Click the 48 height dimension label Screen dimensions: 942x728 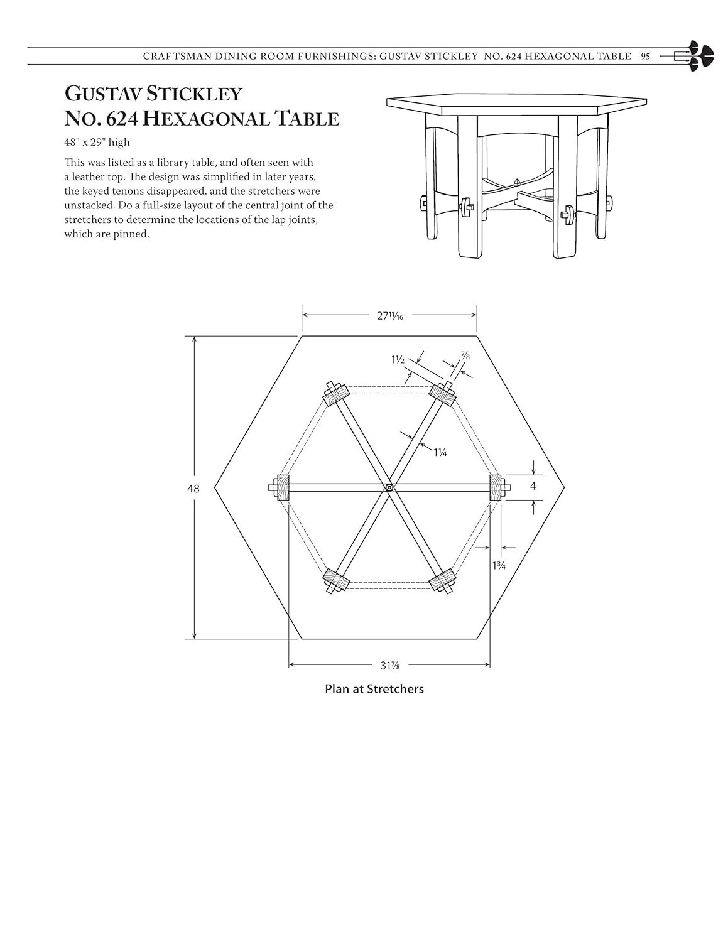[193, 488]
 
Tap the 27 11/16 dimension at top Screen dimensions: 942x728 [389, 316]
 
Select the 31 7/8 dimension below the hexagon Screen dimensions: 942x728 [389, 665]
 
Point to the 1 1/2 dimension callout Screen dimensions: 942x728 [398, 360]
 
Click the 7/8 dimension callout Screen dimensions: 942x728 [465, 356]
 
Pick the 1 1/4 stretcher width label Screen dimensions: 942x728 [440, 451]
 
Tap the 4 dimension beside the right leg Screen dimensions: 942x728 [533, 486]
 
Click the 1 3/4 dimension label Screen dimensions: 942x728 [499, 565]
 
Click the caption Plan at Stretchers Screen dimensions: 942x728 [374, 689]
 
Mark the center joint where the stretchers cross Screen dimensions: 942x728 [389, 487]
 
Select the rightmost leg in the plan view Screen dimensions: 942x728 [497, 487]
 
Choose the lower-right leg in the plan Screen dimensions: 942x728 [443, 580]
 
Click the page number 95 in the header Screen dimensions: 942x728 [645, 56]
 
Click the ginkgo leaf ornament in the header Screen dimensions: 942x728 [700, 55]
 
